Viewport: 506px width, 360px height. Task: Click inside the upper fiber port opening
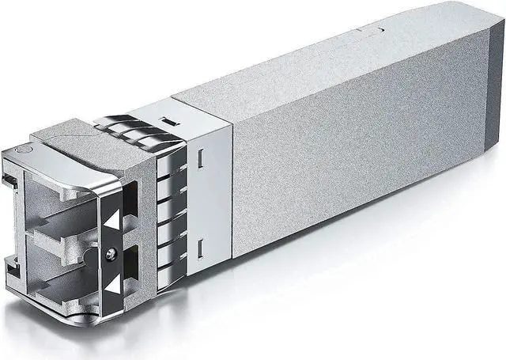(59, 198)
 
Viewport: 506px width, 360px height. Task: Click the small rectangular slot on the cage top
(168, 123)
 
